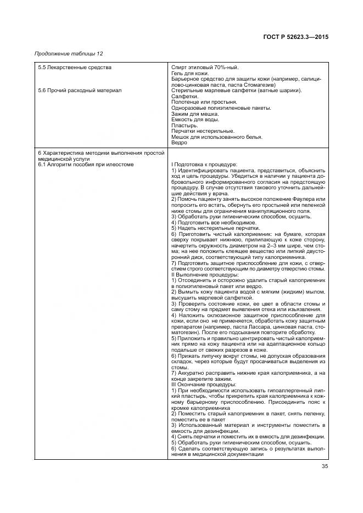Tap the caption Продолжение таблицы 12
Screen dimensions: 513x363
(69, 54)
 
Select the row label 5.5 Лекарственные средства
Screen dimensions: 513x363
(75, 67)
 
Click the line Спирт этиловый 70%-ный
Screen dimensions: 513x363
(205, 67)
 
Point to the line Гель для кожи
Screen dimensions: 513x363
(190, 74)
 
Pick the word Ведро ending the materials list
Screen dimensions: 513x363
(179, 143)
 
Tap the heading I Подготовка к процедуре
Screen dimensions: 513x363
(204, 165)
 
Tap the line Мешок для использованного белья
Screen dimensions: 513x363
(216, 137)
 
